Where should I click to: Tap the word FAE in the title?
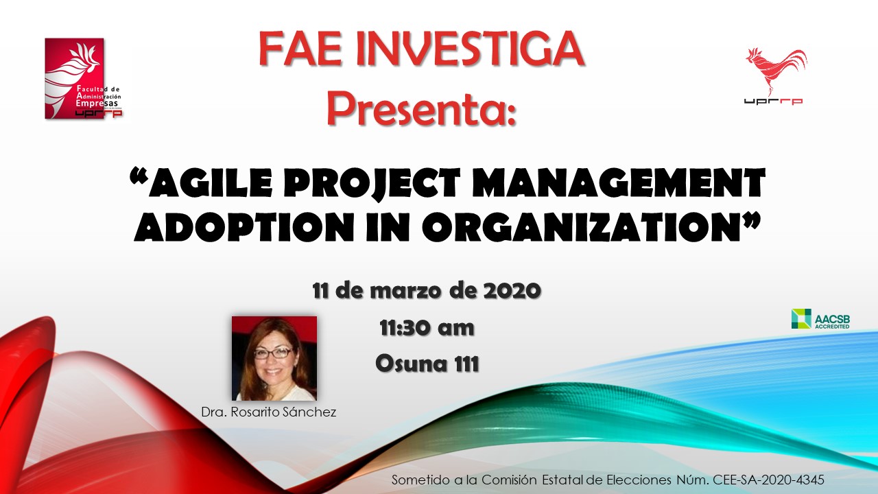click(300, 50)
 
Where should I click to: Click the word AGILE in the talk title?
click(201, 183)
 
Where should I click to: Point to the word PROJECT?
click(376, 183)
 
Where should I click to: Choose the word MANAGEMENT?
click(619, 183)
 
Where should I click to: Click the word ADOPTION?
click(245, 227)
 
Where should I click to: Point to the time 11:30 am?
click(427, 328)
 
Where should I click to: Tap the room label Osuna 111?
click(427, 364)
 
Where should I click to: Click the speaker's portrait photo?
click(274, 358)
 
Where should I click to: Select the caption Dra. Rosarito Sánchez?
click(268, 412)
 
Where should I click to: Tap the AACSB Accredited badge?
click(820, 319)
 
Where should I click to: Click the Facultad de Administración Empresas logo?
click(83, 78)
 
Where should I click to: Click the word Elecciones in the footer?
click(639, 480)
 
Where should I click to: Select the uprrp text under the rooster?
click(773, 102)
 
